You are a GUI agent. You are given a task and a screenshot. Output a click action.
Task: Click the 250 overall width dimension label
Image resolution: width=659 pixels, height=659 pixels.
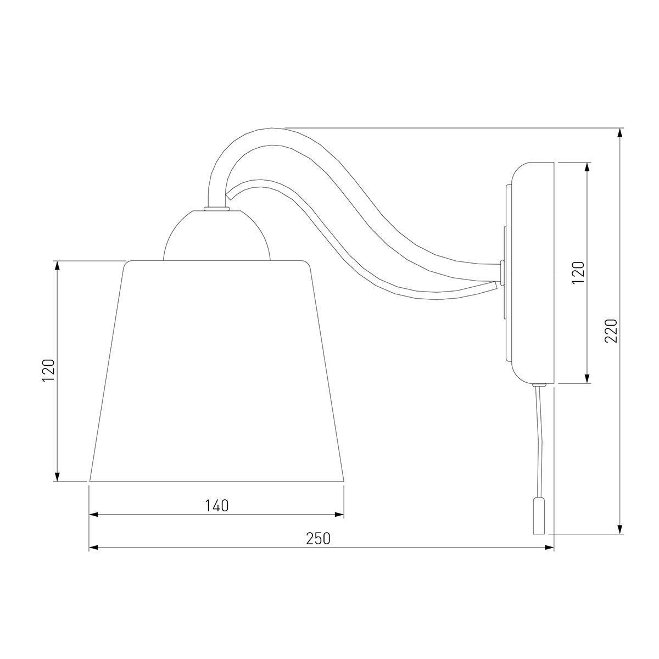[x=318, y=539]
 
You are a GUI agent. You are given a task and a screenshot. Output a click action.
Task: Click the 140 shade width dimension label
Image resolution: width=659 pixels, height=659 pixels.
[x=217, y=506]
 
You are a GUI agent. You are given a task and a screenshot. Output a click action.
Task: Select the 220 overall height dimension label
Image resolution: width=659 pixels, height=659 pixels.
[x=611, y=331]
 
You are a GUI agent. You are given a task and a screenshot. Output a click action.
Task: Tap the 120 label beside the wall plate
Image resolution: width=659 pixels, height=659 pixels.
[x=578, y=272]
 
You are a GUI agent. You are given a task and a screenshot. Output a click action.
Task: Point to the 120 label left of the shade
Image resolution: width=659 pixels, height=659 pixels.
[x=48, y=371]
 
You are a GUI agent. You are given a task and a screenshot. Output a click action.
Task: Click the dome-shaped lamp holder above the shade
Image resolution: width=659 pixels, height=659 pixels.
[x=217, y=236]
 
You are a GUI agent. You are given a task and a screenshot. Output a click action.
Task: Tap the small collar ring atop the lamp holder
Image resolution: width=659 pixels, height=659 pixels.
[x=217, y=208]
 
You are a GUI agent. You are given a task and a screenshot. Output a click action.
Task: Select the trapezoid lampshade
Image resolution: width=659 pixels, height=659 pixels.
[x=216, y=371]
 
